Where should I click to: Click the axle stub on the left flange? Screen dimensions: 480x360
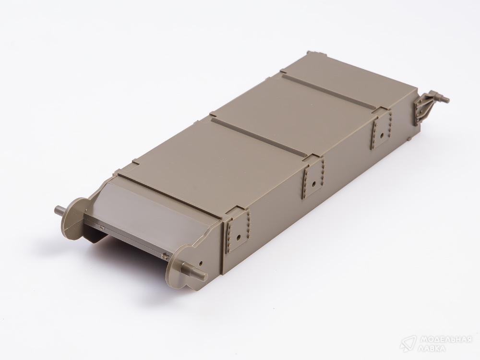(x=60, y=211)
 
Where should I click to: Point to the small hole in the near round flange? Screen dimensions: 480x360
(x=201, y=263)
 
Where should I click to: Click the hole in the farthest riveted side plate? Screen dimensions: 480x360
(x=382, y=135)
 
